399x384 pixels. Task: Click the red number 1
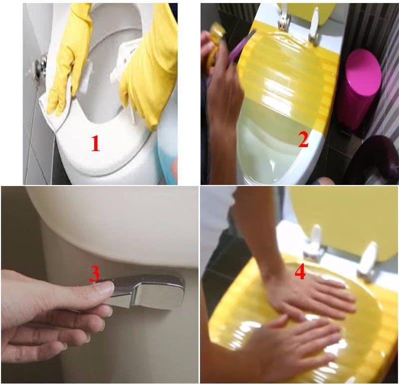(95, 143)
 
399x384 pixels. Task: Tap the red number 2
(303, 139)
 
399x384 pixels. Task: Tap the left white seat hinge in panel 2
(284, 17)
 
